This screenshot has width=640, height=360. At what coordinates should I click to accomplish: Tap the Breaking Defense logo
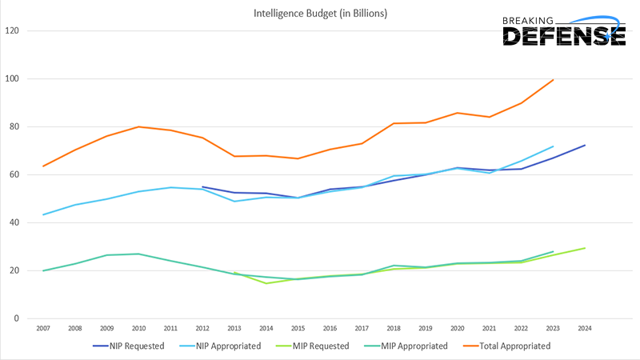pyautogui.click(x=563, y=30)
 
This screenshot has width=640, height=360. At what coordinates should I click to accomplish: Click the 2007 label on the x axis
pyautogui.click(x=43, y=328)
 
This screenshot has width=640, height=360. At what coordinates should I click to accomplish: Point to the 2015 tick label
pyautogui.click(x=298, y=328)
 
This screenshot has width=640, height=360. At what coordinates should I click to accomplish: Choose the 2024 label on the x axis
pyautogui.click(x=585, y=328)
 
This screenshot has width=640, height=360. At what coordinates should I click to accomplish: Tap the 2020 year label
pyautogui.click(x=458, y=328)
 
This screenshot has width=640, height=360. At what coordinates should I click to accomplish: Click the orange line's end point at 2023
pyautogui.click(x=553, y=80)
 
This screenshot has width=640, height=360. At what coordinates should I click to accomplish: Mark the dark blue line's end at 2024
pyautogui.click(x=585, y=145)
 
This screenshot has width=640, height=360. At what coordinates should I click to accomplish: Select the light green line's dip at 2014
pyautogui.click(x=266, y=283)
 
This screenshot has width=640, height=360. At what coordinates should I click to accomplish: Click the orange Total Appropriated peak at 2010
pyautogui.click(x=139, y=126)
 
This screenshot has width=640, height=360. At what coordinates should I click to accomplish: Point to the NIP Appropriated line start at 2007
pyautogui.click(x=43, y=214)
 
